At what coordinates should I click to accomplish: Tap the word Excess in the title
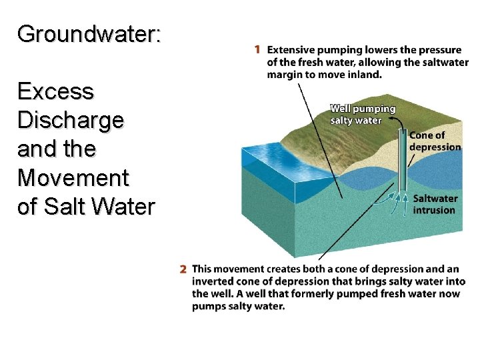tap(56, 91)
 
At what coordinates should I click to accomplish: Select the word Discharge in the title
tap(71, 120)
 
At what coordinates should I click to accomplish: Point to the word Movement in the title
tap(73, 178)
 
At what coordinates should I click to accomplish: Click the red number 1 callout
tap(258, 49)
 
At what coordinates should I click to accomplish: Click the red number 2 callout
tap(183, 269)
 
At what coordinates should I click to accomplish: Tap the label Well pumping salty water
tap(363, 114)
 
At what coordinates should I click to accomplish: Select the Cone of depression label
tap(435, 141)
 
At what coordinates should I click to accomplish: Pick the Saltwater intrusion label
tap(435, 204)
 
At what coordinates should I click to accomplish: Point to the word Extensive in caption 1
tap(291, 49)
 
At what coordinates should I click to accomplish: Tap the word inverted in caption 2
tap(208, 281)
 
